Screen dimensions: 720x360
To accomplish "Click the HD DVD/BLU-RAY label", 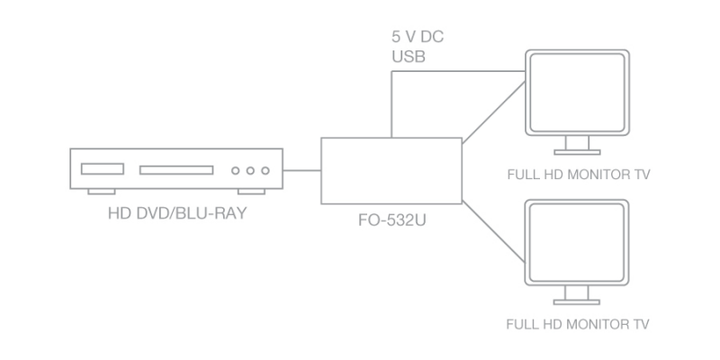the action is tap(177, 213).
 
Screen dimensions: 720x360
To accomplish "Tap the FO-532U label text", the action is tap(391, 220).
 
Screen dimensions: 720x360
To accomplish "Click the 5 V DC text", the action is tap(418, 37).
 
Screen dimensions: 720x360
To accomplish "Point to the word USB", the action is tap(409, 57).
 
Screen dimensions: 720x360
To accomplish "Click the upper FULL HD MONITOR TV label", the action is tap(579, 175).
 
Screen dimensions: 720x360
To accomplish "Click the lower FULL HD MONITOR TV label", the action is tap(578, 324).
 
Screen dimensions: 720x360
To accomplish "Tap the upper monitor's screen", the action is tap(577, 93).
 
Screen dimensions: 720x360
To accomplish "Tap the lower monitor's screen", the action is tap(577, 242).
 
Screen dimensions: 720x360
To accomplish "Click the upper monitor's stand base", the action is tap(577, 152).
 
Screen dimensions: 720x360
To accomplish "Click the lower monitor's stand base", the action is tap(577, 302).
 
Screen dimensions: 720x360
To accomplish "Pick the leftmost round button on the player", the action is tap(235, 171).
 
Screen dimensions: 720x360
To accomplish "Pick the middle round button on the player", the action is tap(250, 171).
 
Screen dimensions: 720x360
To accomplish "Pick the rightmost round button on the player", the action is tap(265, 171).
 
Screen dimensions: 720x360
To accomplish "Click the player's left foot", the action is tap(102, 192).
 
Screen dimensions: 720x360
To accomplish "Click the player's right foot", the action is tap(251, 192).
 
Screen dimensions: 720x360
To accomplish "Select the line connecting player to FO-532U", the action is tap(301, 170).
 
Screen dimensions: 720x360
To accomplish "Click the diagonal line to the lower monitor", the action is tap(493, 231).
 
